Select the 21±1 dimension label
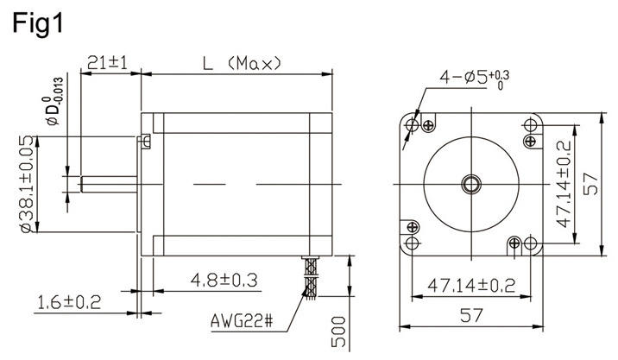107,63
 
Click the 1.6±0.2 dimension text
69,301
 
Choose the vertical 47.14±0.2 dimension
563,183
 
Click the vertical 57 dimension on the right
592,183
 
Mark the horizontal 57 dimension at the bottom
470,315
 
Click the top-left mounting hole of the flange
412,126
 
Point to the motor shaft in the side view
108,183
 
